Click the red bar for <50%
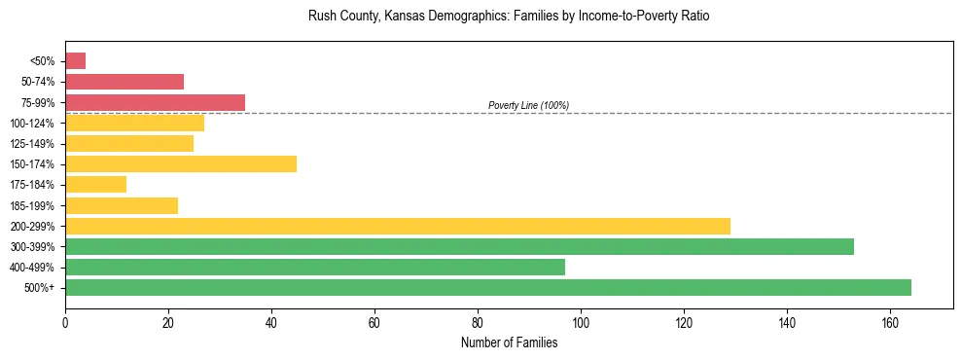coord(75,61)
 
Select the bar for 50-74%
coord(125,82)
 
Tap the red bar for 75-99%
coord(155,102)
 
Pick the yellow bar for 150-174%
coord(181,164)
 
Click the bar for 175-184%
coord(95,185)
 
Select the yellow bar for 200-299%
coord(397,226)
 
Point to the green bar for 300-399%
coord(459,246)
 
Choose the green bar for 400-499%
coord(315,267)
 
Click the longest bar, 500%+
coord(487,287)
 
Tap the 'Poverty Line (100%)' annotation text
coord(528,105)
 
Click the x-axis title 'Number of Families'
coord(509,342)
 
